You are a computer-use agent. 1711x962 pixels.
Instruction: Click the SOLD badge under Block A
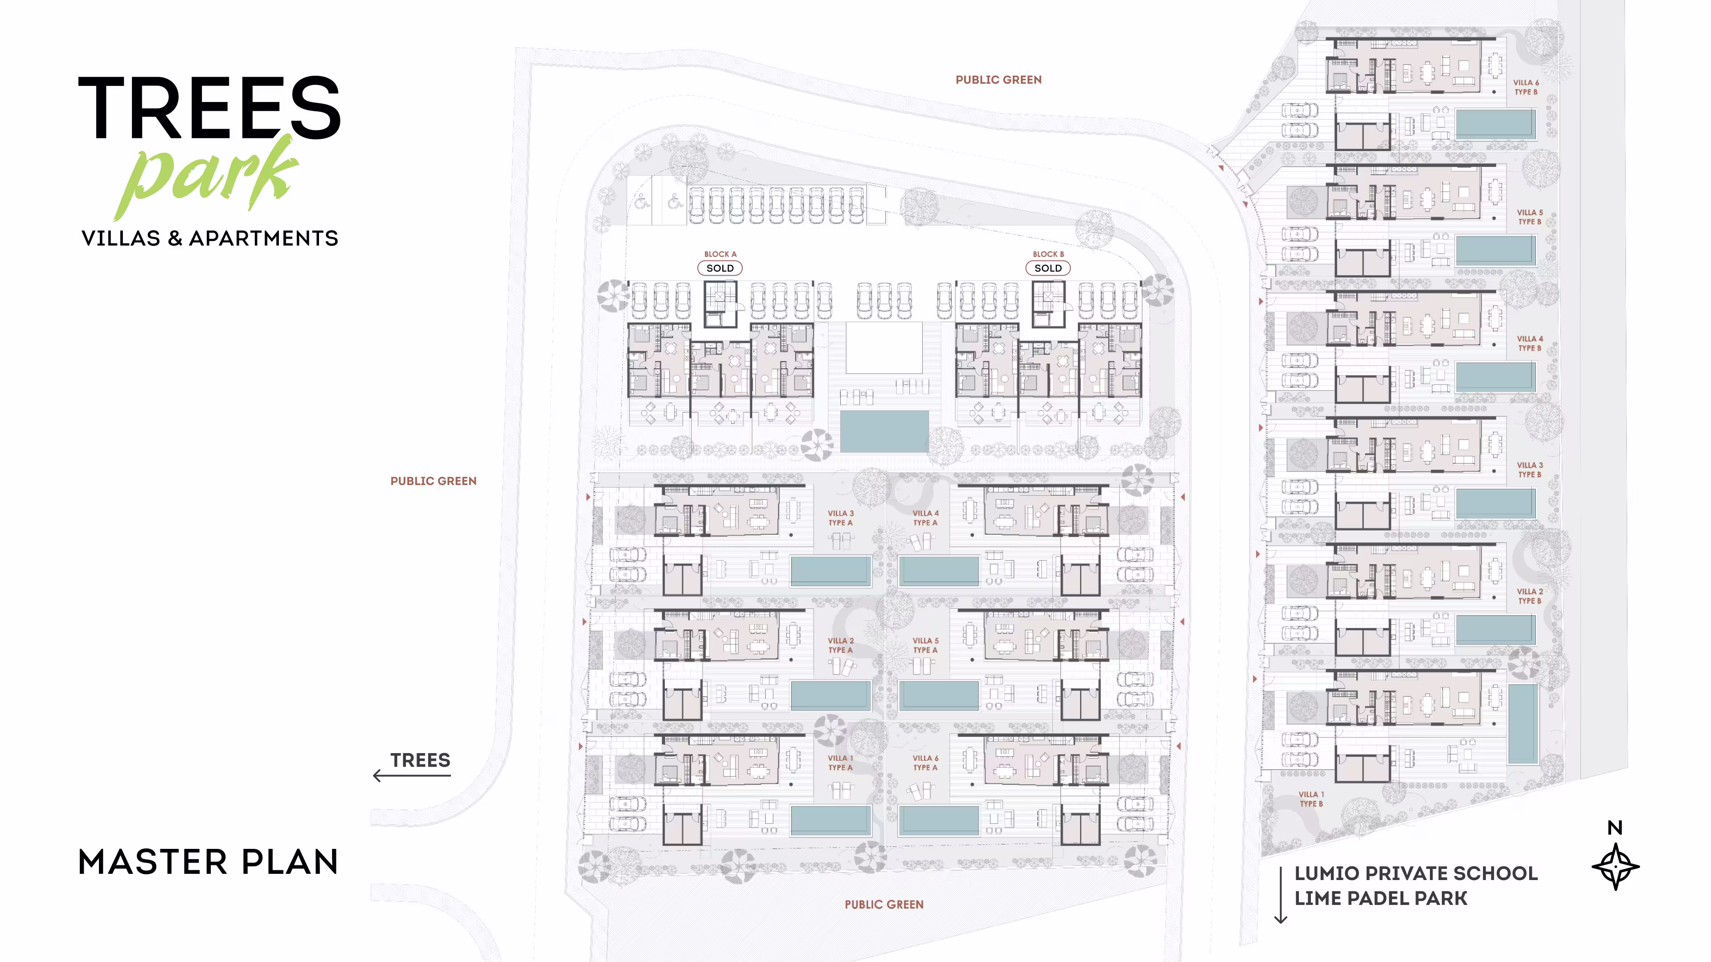(720, 268)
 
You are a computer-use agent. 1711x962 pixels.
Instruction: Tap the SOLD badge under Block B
(1048, 268)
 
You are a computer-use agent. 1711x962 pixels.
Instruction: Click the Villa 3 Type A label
(840, 518)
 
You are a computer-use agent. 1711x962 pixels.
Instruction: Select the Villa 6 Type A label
(925, 763)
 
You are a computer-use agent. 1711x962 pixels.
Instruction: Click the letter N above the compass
(1615, 828)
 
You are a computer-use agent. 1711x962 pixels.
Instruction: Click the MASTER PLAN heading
(208, 862)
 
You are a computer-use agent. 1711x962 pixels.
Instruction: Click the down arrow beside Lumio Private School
(1281, 895)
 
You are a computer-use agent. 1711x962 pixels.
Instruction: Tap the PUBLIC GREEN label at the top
(998, 80)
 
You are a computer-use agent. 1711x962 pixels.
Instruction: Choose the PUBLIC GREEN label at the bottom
(884, 904)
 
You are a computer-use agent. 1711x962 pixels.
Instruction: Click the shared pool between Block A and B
(884, 432)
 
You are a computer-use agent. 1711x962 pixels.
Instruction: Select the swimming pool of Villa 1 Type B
(1523, 724)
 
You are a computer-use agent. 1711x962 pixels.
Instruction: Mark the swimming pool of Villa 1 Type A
(830, 820)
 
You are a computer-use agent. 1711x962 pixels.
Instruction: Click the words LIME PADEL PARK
(1381, 898)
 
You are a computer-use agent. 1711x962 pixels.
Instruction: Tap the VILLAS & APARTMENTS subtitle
(210, 238)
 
